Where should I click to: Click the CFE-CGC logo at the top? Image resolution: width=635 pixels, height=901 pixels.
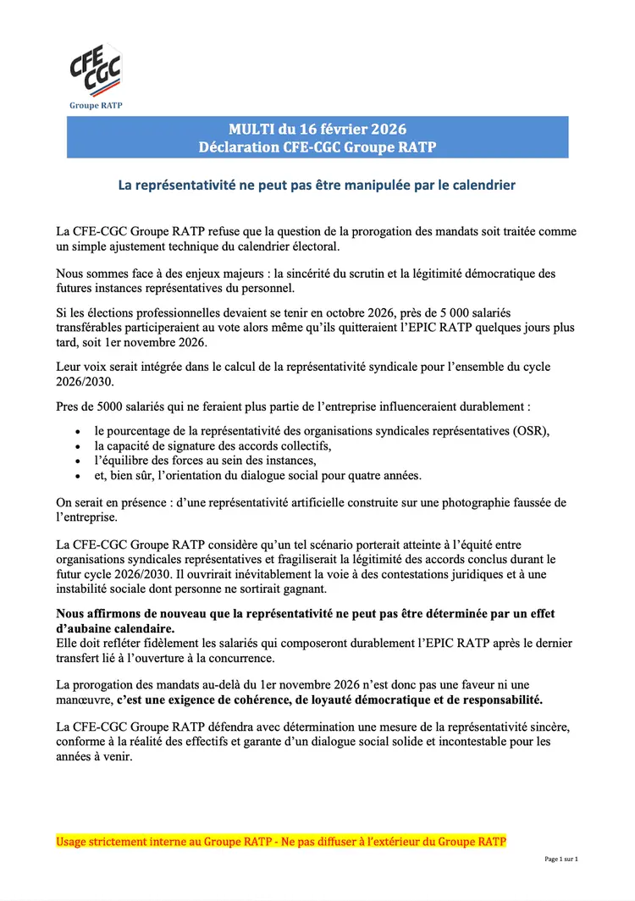[x=95, y=71]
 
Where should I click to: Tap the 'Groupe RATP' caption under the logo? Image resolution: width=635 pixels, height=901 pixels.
[x=95, y=106]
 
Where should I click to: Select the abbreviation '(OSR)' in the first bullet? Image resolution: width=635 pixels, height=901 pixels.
[x=531, y=430]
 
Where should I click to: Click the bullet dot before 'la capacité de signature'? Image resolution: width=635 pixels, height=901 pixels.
[x=79, y=445]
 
